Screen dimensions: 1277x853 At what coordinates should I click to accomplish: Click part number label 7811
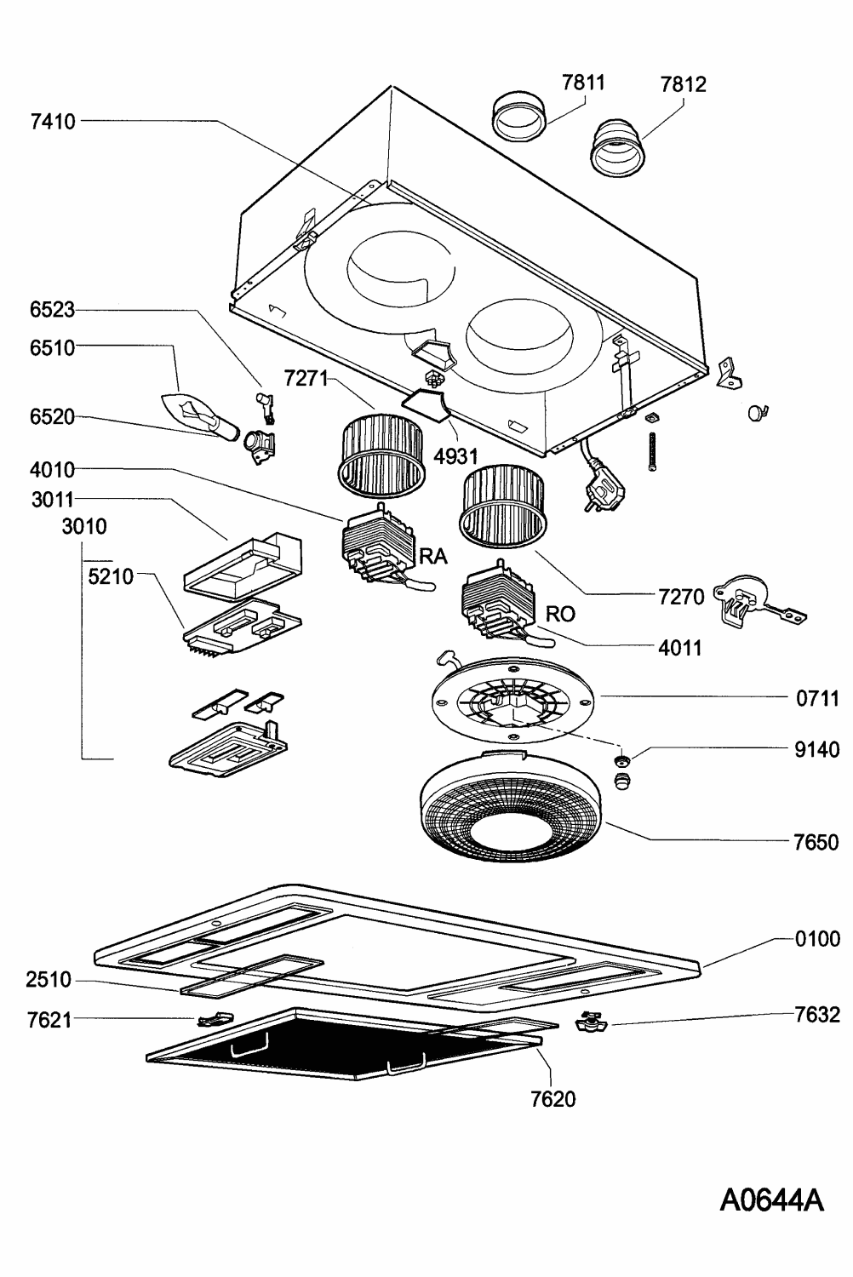coord(583,83)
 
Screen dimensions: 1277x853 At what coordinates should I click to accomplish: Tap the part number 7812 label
coord(683,84)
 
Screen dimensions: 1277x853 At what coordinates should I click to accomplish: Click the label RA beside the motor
coord(432,557)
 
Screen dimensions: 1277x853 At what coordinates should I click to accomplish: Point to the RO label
coord(560,613)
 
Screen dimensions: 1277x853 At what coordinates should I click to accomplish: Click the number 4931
coord(455,456)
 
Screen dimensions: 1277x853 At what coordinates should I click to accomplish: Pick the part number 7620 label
coord(552,1099)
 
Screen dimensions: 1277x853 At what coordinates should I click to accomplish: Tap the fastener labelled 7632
coord(589,1020)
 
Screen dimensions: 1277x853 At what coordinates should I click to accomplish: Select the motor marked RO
coord(495,605)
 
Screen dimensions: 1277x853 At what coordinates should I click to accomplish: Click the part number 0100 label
coord(816,939)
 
